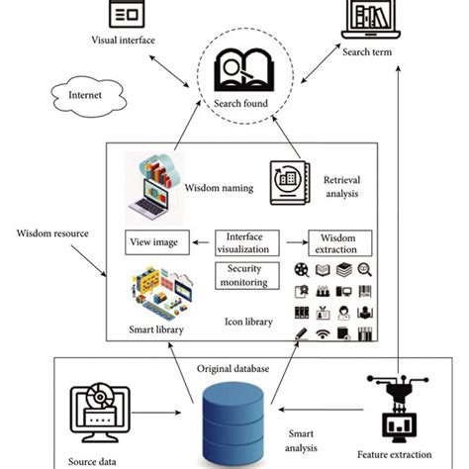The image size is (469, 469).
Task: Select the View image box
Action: coord(154,242)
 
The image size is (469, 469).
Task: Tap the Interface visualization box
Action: coord(247,242)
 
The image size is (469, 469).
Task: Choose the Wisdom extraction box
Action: coord(340,243)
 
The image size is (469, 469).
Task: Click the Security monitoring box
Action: coord(247,274)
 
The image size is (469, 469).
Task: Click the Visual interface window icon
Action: coord(127,14)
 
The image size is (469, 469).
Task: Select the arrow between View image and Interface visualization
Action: coord(200,242)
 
